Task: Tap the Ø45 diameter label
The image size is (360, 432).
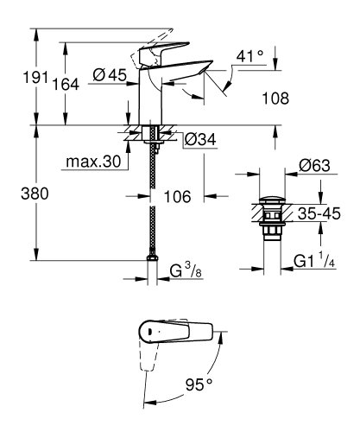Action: click(x=111, y=76)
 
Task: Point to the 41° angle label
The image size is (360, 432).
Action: click(x=249, y=56)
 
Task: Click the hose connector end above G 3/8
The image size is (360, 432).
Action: click(x=154, y=260)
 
